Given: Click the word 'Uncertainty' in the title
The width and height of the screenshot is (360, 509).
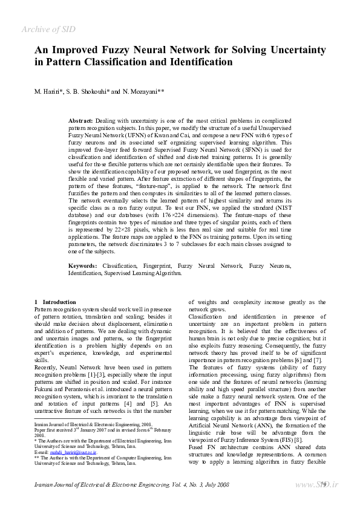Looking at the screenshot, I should pos(293,50).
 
